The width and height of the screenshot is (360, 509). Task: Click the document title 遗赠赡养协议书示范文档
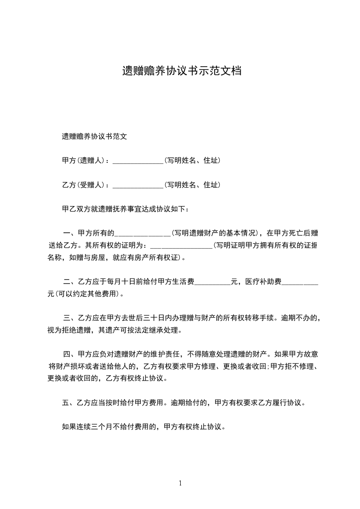pyautogui.click(x=181, y=71)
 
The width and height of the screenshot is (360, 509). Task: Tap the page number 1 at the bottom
pyautogui.click(x=180, y=483)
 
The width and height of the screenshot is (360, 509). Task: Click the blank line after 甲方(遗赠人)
pyautogui.click(x=138, y=161)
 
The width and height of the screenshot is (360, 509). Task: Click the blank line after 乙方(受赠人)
pyautogui.click(x=138, y=186)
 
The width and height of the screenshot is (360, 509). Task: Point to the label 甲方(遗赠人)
pyautogui.click(x=84, y=161)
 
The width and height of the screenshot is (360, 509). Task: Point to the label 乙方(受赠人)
pyautogui.click(x=84, y=185)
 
